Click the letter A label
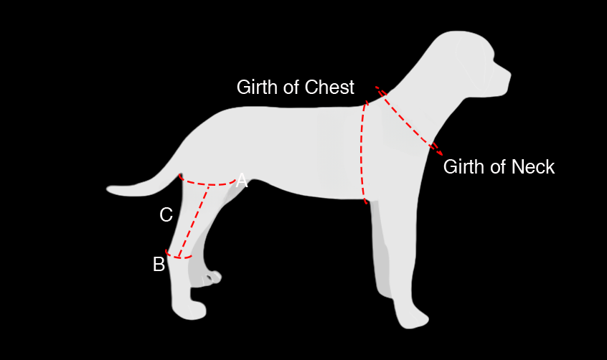click(242, 181)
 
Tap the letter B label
click(159, 265)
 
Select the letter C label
click(166, 214)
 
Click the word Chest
click(329, 87)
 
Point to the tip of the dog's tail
click(110, 190)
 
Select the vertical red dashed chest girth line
click(362, 151)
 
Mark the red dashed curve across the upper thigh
click(208, 184)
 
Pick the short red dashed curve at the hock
click(179, 255)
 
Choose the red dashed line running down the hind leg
click(194, 219)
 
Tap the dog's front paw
click(413, 318)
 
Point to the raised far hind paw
click(214, 277)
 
